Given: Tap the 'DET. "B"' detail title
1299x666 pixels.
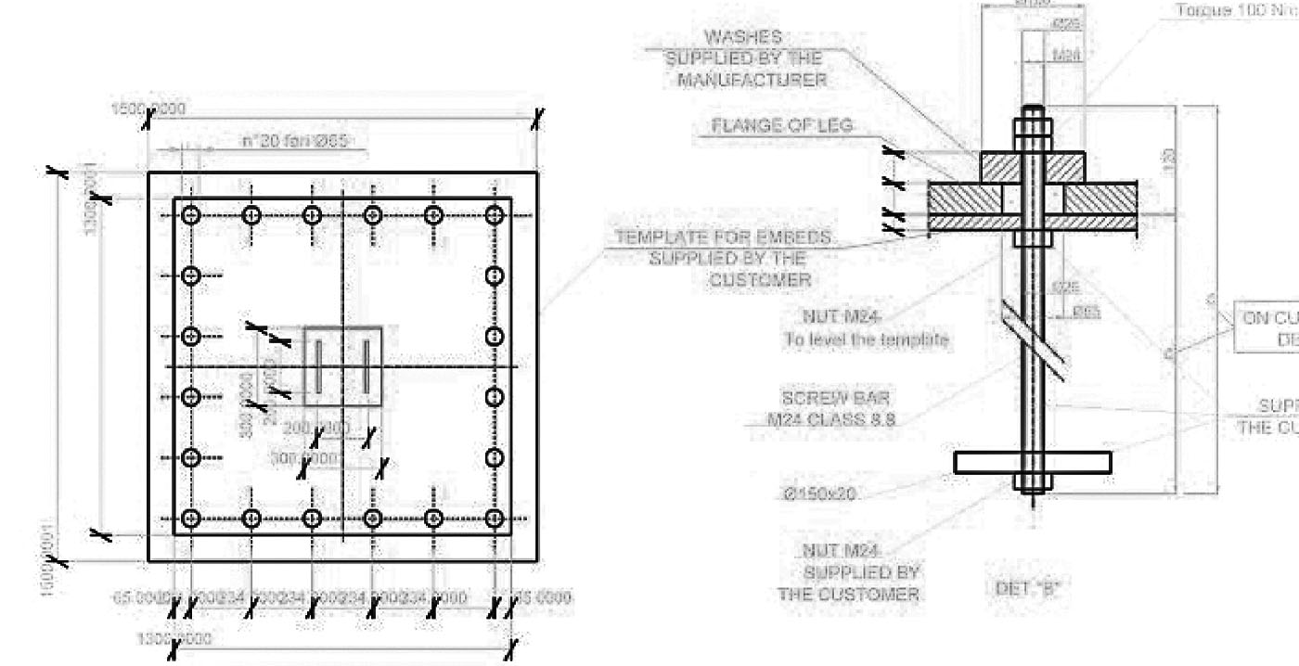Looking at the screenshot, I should [x=1032, y=586].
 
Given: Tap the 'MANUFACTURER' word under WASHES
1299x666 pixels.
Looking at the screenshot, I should [x=752, y=80].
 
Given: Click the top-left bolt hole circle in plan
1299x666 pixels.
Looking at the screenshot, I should [x=191, y=216].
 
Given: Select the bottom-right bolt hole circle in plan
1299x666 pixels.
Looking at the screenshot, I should [x=495, y=518].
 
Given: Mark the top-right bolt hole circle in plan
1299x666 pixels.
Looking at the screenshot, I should [x=495, y=216].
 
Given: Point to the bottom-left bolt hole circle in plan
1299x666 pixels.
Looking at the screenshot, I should [x=191, y=518].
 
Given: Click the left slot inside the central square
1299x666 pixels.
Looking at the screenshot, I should [x=317, y=365].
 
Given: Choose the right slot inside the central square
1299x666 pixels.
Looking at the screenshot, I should [x=367, y=365].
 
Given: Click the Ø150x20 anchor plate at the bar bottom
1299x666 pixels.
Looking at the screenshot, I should [x=1032, y=462].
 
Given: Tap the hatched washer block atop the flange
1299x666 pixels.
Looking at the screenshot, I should [x=1032, y=167].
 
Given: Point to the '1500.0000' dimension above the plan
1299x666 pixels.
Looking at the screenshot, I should [x=148, y=109].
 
